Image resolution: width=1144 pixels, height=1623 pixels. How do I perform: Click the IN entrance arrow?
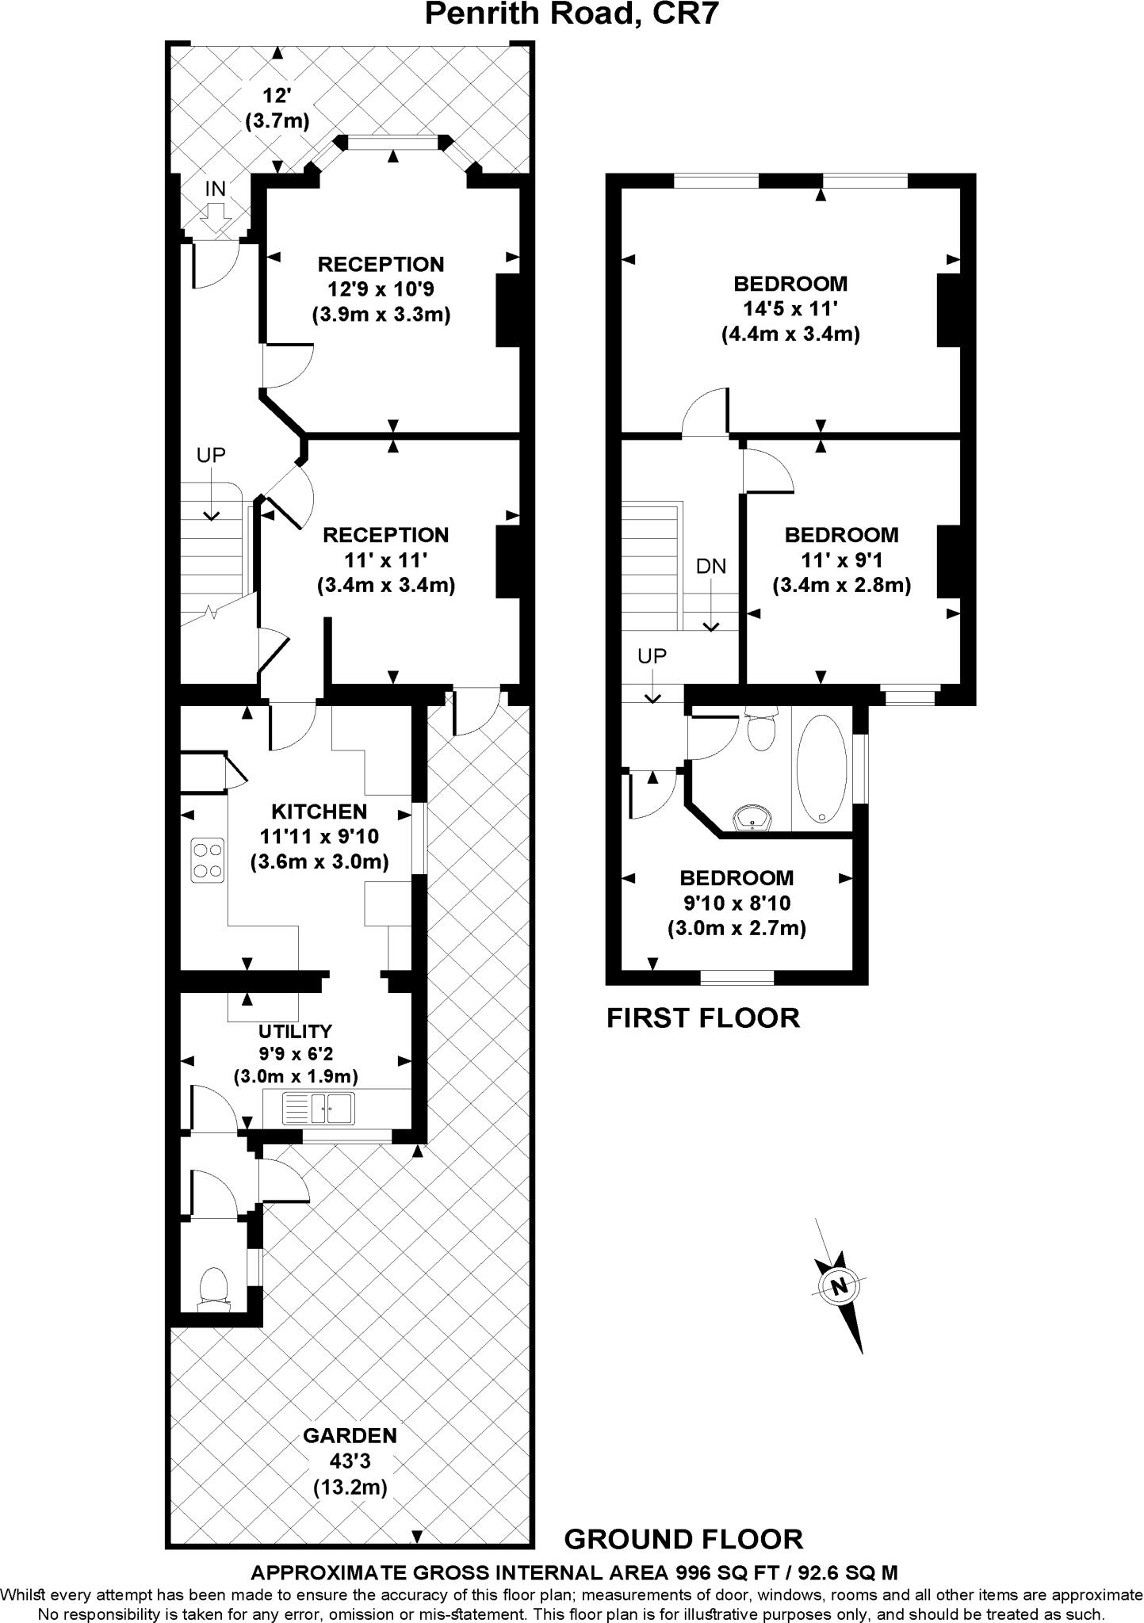[x=216, y=211]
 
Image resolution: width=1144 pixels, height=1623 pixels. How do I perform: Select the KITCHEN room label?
[x=319, y=811]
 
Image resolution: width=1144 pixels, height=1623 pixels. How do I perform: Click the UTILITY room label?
[x=295, y=1031]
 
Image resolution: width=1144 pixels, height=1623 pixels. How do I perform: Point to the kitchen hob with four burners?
[x=207, y=860]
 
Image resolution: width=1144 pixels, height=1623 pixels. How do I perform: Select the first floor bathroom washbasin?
[x=752, y=818]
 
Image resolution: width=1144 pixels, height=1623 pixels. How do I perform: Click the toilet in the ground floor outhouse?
[x=213, y=1285]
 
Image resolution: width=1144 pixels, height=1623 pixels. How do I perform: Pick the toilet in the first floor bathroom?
[x=761, y=730]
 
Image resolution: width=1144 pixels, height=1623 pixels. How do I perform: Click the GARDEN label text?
[x=350, y=1435]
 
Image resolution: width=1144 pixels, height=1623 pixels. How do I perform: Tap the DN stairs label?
[x=710, y=566]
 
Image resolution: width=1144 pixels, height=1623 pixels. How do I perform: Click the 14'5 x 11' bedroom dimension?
[x=790, y=308]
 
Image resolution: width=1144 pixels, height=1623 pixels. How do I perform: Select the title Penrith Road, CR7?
[x=572, y=14]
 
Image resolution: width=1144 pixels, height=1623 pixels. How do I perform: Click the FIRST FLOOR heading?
[x=703, y=1018]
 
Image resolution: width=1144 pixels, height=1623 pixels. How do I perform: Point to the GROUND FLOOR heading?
[x=683, y=1538]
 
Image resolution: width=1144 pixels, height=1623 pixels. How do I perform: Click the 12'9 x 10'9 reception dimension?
[x=381, y=289]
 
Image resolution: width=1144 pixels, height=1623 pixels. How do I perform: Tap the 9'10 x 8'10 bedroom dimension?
[x=737, y=903]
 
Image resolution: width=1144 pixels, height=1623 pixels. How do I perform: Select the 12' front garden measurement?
[x=277, y=97]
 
